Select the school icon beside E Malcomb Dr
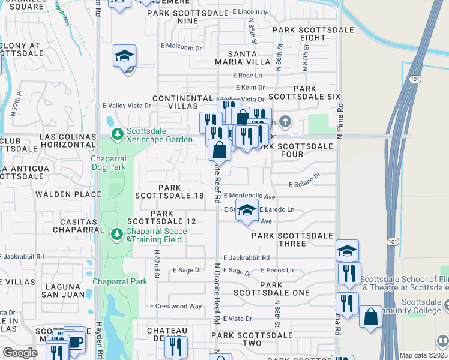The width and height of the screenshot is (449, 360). point(125,56)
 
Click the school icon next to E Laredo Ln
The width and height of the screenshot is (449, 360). point(247,211)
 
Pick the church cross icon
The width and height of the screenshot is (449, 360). point(285,122)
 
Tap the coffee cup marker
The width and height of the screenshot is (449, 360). point(75,341)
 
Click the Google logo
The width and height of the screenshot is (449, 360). point(20,353)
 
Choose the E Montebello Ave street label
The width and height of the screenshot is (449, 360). point(249,196)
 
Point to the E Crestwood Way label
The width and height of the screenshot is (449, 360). point(178,306)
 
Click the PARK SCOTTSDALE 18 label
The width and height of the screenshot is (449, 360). point(169,192)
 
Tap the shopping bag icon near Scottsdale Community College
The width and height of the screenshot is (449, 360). point(370,316)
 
